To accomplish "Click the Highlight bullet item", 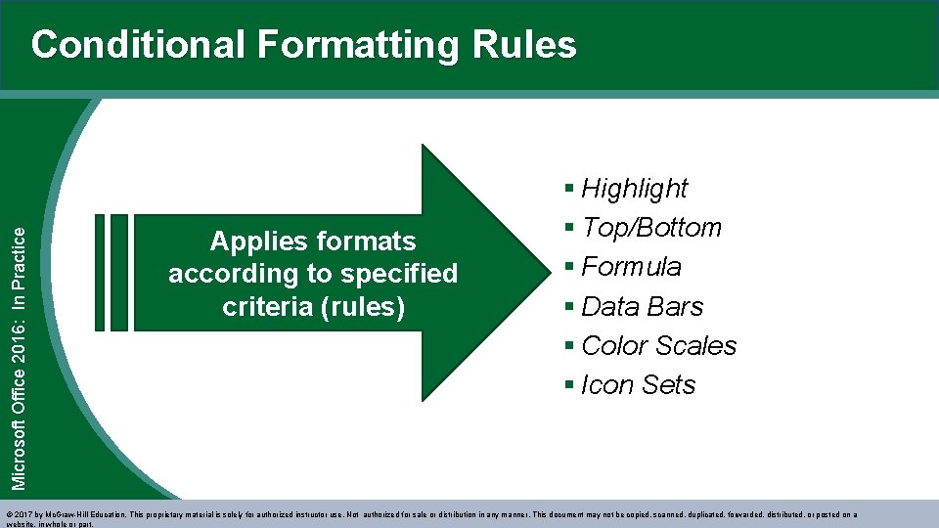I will point(634,188).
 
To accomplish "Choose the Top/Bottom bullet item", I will point(650,228).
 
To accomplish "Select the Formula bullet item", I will point(631,267).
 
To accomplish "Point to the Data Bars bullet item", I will point(642,307).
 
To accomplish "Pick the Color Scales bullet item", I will point(658,346).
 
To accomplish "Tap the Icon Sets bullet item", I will point(638,385).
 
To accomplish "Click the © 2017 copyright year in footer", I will point(21,514).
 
